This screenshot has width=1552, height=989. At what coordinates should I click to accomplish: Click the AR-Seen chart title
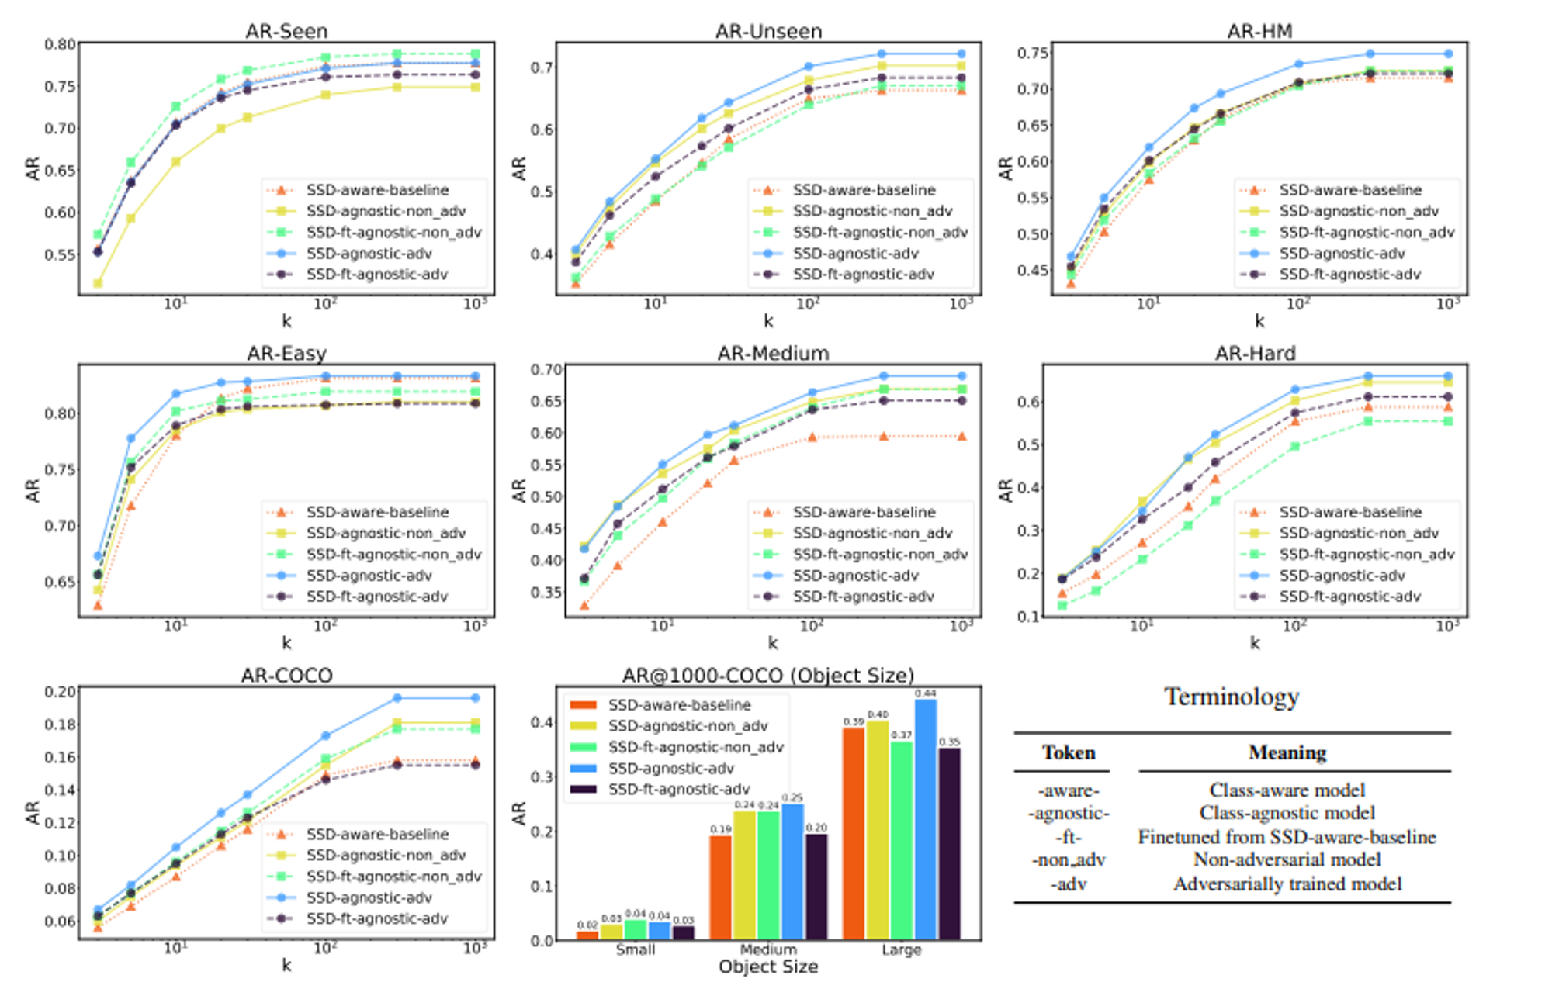pyautogui.click(x=286, y=31)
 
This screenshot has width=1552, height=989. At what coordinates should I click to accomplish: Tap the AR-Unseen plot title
pyautogui.click(x=768, y=31)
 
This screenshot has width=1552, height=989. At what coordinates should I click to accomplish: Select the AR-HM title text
pyautogui.click(x=1259, y=31)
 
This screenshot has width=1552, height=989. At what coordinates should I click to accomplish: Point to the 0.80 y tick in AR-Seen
pyautogui.click(x=60, y=44)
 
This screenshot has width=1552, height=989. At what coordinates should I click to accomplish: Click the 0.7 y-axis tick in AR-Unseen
pyautogui.click(x=541, y=67)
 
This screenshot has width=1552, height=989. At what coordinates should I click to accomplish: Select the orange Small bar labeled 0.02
pyautogui.click(x=587, y=935)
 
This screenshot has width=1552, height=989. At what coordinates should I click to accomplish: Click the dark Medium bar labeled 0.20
pyautogui.click(x=816, y=887)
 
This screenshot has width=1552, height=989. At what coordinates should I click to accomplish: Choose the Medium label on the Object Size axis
pyautogui.click(x=768, y=949)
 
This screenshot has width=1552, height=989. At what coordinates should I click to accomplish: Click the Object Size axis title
pyautogui.click(x=768, y=967)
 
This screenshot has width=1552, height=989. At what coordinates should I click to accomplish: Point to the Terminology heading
pyautogui.click(x=1232, y=697)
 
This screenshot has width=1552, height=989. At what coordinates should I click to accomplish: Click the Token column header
pyautogui.click(x=1069, y=752)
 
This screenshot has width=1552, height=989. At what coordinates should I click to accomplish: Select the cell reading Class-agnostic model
pyautogui.click(x=1287, y=813)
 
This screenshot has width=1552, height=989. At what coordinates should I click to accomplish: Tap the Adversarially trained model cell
pyautogui.click(x=1287, y=884)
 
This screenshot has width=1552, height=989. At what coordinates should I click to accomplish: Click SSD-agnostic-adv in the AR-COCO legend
pyautogui.click(x=369, y=897)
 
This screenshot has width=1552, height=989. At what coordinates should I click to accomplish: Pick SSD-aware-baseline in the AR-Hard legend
pyautogui.click(x=1350, y=512)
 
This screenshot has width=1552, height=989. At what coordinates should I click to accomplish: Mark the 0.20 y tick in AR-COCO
pyautogui.click(x=60, y=692)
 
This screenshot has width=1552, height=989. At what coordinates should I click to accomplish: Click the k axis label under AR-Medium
pyautogui.click(x=773, y=643)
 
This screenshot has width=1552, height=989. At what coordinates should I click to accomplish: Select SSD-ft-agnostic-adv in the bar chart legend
pyautogui.click(x=679, y=789)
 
